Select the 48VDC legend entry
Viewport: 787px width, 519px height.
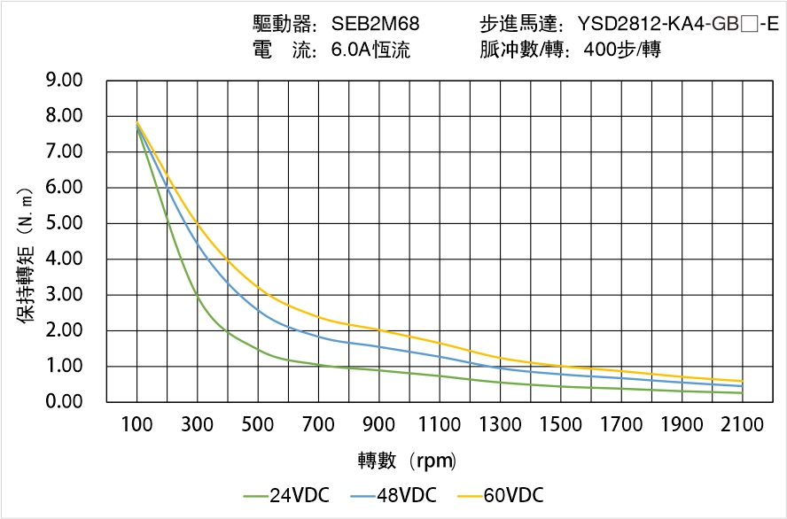coord(393,495)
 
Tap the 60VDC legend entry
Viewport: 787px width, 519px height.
coord(500,495)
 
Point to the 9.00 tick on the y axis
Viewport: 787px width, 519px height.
coord(64,81)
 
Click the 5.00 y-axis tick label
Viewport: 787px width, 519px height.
coord(64,223)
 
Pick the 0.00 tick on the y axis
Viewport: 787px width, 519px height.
coord(64,402)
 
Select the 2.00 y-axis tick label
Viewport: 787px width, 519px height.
coord(64,330)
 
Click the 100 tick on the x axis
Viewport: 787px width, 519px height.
coord(136,425)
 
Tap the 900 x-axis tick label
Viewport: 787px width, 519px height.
coord(379,425)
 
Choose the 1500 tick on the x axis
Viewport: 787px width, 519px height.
coord(561,425)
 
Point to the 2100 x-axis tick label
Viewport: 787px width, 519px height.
coord(743,425)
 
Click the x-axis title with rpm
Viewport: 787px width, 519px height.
coord(407,461)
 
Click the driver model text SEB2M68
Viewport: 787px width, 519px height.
coord(376,24)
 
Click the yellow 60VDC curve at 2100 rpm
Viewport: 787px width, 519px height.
coord(743,381)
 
